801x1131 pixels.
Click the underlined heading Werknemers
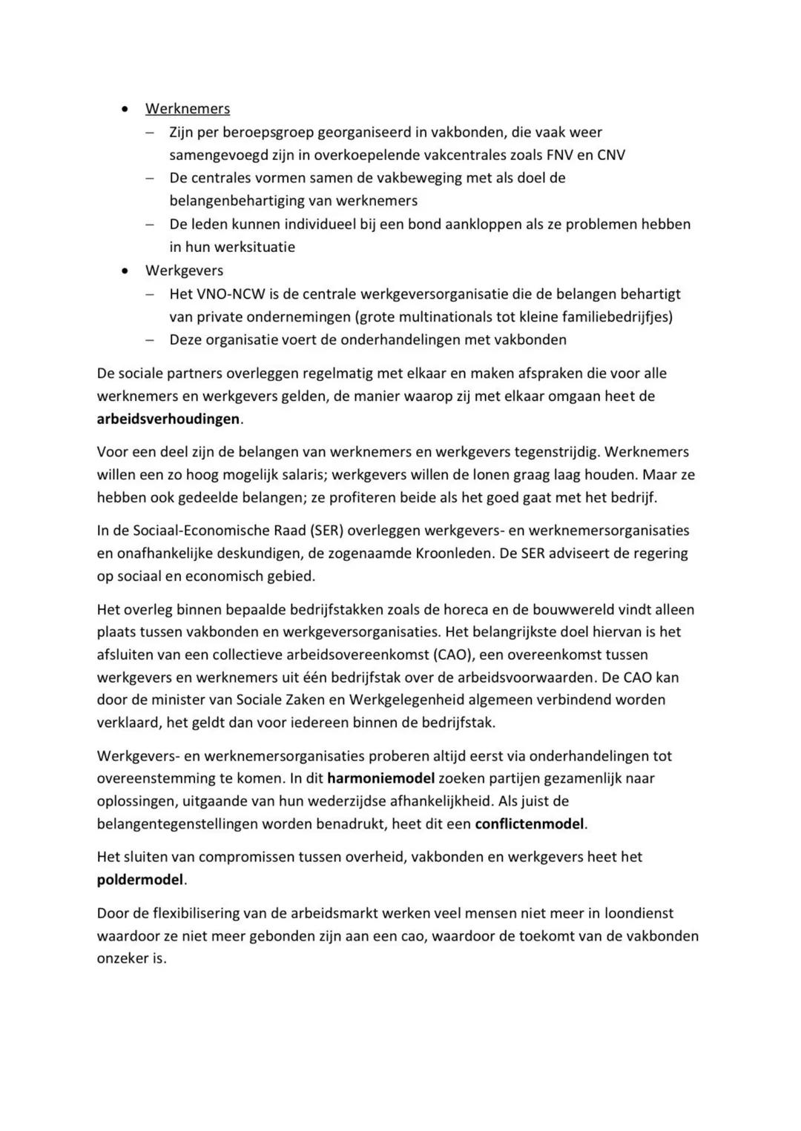tap(187, 109)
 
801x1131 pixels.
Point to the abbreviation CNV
tap(610, 155)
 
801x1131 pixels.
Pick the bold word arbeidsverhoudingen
tap(168, 419)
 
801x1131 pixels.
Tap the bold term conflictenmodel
tap(530, 823)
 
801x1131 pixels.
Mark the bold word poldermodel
tap(139, 880)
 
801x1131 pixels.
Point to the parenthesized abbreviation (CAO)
tap(453, 654)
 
